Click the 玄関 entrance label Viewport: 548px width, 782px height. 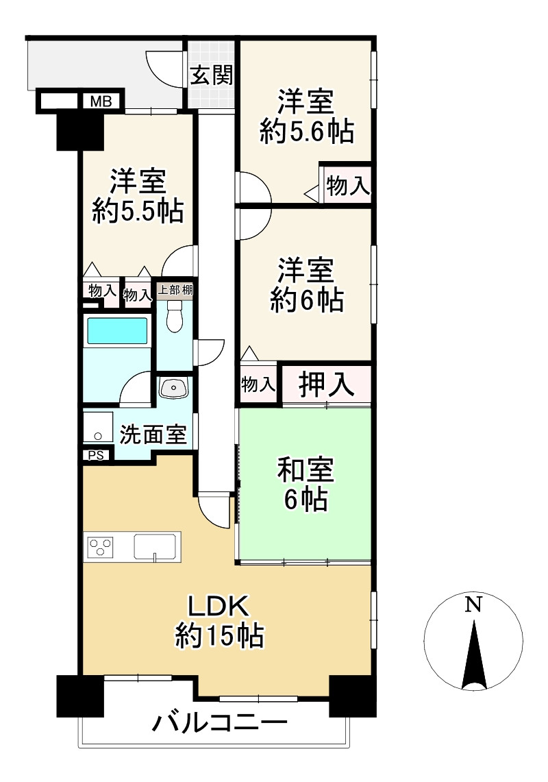(212, 75)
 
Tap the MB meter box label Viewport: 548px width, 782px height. (101, 102)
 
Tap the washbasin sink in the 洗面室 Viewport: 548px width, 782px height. (174, 389)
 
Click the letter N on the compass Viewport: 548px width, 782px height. (473, 604)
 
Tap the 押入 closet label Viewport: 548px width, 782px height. (327, 385)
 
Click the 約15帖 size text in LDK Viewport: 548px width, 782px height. (219, 637)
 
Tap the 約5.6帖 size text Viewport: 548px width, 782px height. (306, 131)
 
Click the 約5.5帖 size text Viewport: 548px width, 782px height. (138, 212)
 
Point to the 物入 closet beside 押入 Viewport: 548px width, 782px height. (258, 385)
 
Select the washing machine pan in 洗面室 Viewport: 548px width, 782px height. (99, 428)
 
